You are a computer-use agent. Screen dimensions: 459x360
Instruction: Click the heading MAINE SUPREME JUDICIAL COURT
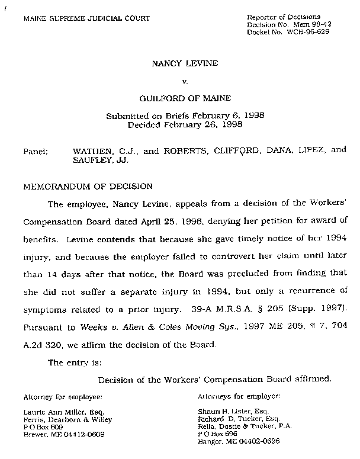(86, 19)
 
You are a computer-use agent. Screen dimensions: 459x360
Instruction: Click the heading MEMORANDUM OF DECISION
(88, 186)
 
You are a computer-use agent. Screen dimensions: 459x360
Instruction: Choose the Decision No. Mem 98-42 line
(288, 24)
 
